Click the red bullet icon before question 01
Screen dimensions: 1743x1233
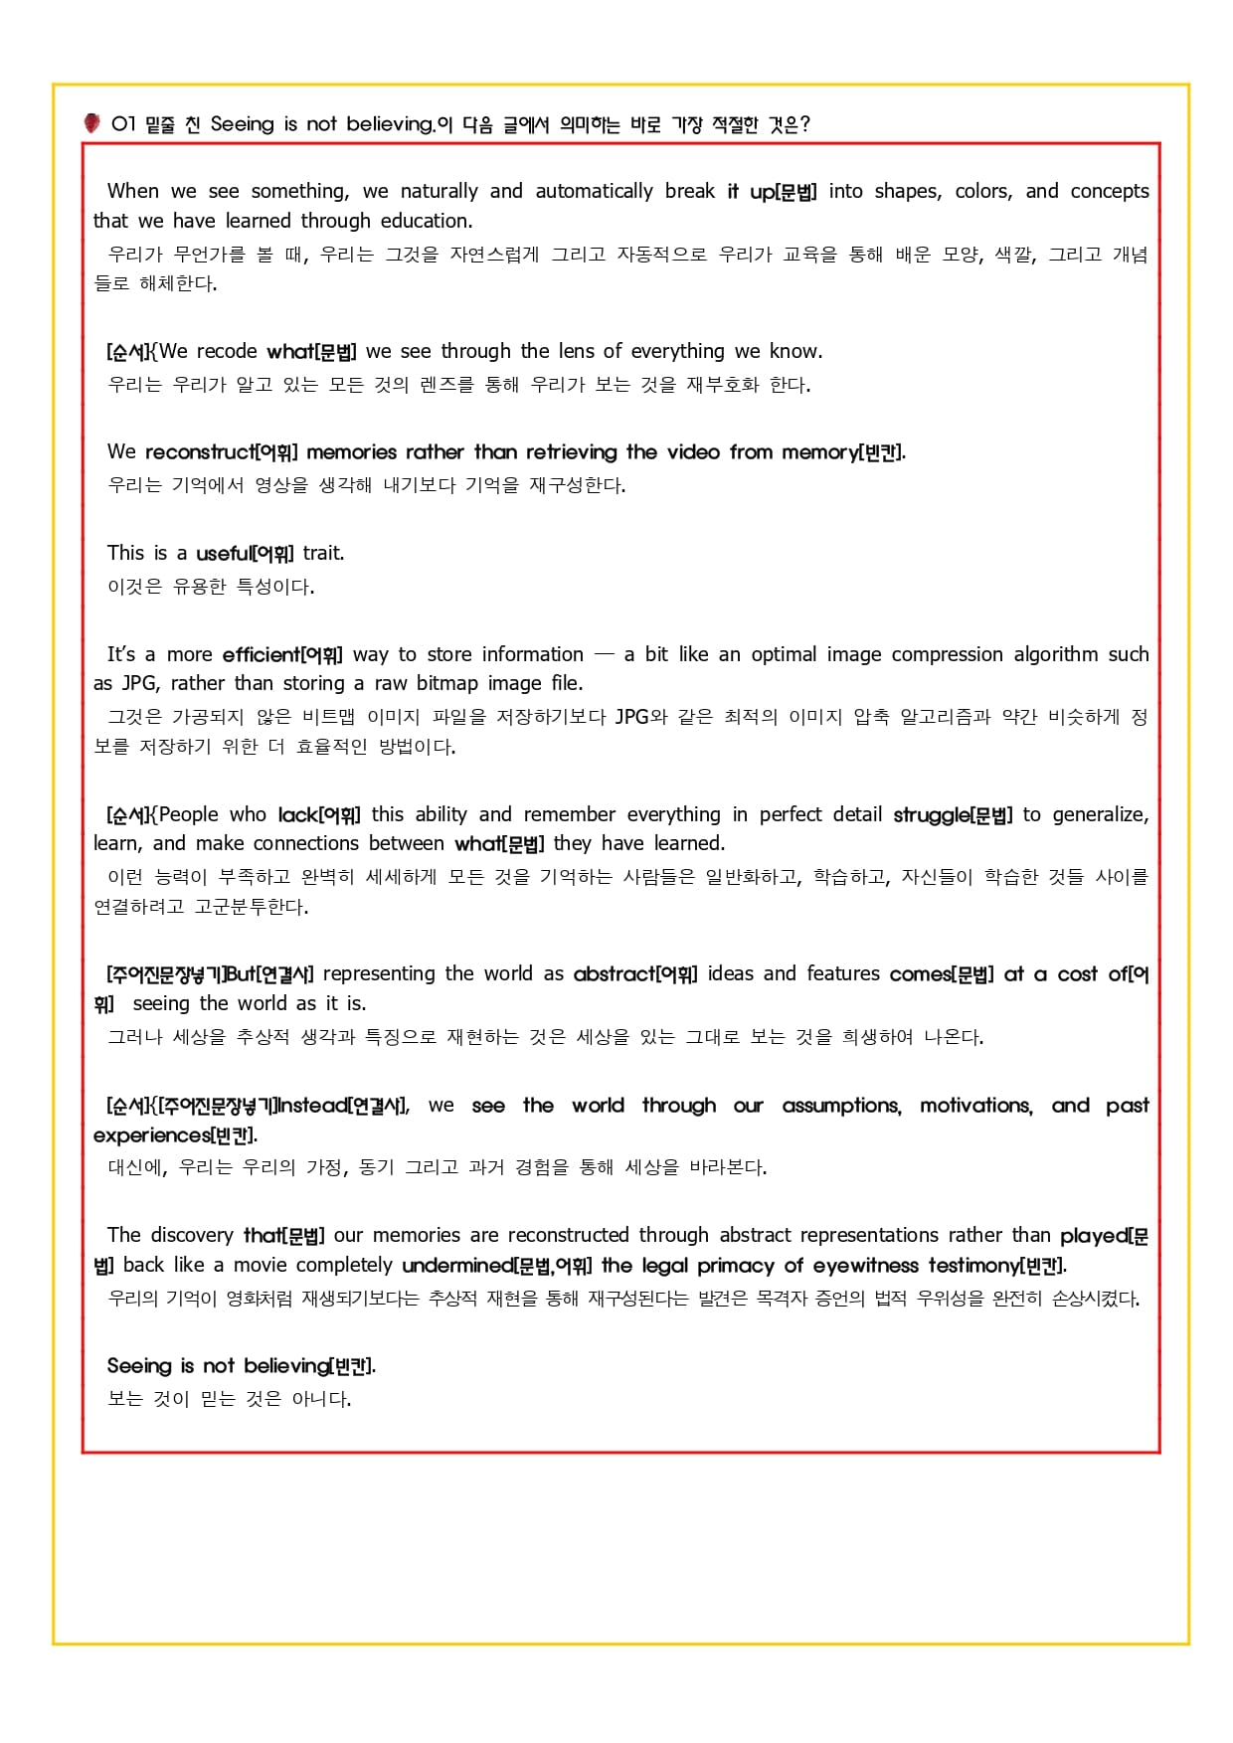point(91,123)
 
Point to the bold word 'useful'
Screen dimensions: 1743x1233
point(224,553)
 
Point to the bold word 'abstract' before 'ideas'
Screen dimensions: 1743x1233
point(614,974)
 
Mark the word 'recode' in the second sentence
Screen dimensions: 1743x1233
point(227,351)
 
